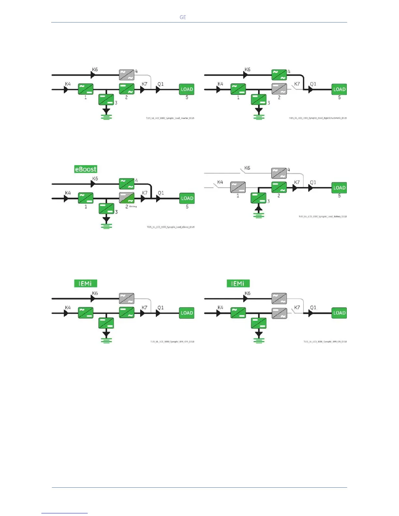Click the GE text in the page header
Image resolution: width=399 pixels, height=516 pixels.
click(x=183, y=17)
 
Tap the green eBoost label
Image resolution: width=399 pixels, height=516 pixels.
click(x=86, y=169)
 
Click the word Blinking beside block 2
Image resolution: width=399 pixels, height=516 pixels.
click(x=133, y=207)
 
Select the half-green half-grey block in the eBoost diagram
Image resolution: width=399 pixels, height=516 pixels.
click(x=126, y=198)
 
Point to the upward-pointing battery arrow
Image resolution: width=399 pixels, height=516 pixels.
click(x=259, y=208)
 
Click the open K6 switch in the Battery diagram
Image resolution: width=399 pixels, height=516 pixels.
click(x=243, y=170)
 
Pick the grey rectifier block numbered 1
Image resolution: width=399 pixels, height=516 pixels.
click(x=238, y=187)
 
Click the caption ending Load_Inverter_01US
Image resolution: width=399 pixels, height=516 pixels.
click(x=170, y=118)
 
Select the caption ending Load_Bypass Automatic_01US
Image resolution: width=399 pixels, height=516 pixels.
click(x=318, y=118)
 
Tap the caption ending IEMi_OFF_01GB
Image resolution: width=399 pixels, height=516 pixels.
click(x=172, y=342)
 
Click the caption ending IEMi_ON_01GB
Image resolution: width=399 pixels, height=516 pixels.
click(x=325, y=342)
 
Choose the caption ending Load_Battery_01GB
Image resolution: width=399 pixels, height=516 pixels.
click(x=322, y=217)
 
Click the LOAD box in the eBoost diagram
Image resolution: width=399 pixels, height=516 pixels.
click(x=187, y=198)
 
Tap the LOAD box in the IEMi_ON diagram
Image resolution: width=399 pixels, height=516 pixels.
click(x=339, y=313)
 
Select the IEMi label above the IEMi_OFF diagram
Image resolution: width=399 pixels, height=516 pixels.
click(x=85, y=283)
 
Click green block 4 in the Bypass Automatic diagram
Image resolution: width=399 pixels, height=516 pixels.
click(x=279, y=75)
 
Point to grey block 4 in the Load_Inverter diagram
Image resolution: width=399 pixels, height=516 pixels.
click(x=126, y=75)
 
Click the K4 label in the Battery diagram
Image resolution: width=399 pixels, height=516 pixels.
click(x=220, y=182)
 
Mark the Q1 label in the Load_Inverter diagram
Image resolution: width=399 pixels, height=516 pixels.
click(x=160, y=84)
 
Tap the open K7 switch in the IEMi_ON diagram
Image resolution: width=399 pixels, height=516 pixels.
click(x=297, y=311)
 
